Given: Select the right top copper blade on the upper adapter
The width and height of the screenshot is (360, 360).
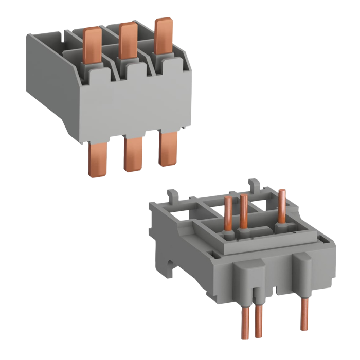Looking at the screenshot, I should (163, 36).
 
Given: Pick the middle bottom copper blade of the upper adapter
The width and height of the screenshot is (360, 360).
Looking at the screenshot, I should (132, 154).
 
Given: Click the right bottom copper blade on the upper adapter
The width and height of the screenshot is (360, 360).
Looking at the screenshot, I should (167, 149).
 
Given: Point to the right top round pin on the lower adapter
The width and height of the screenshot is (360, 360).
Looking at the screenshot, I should (282, 206).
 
